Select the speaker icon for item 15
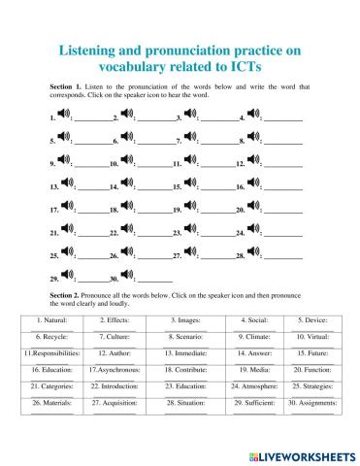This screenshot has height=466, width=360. (192, 184)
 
